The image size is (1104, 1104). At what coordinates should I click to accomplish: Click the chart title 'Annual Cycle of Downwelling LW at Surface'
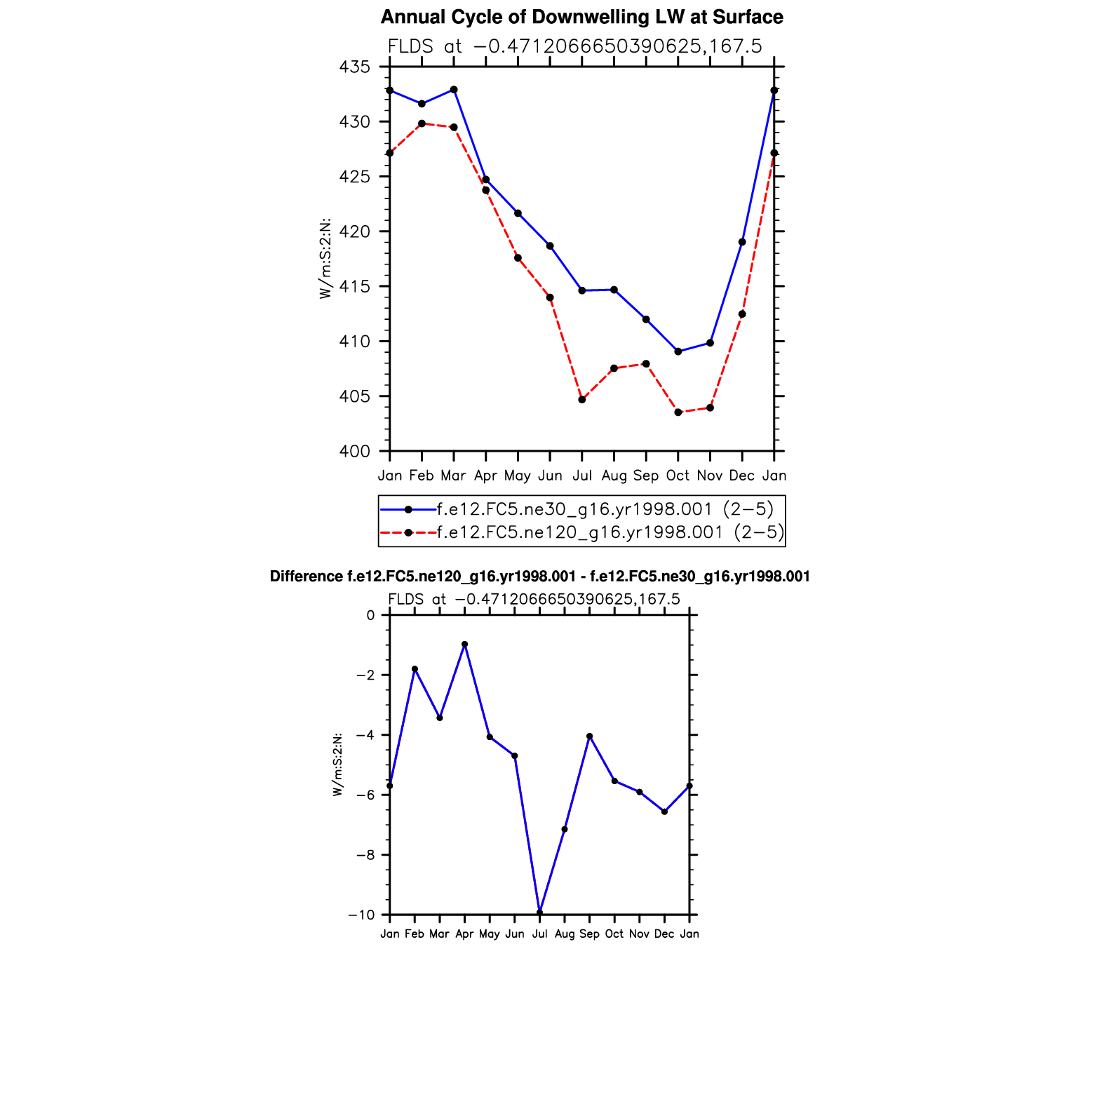click(x=581, y=17)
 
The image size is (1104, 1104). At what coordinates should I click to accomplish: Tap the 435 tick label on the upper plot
click(x=354, y=67)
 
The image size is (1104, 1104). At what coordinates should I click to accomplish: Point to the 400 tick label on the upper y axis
click(x=354, y=452)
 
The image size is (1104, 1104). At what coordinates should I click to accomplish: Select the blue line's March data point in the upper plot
click(x=454, y=90)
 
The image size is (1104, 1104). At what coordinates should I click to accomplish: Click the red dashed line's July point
click(x=582, y=400)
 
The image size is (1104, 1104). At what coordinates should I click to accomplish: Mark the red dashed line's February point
click(x=422, y=123)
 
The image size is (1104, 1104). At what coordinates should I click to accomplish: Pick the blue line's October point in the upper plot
click(x=678, y=351)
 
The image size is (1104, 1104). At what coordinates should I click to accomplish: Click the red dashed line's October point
click(x=678, y=412)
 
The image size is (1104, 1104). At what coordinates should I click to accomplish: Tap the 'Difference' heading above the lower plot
click(x=539, y=577)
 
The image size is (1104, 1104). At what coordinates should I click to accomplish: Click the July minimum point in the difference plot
click(x=539, y=913)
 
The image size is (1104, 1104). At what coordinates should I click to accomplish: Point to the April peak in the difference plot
click(x=464, y=644)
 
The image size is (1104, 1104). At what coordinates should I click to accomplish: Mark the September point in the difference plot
click(x=589, y=736)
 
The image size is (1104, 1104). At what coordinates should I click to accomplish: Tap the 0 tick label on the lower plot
click(x=370, y=616)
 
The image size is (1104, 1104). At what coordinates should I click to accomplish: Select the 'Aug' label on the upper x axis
click(x=614, y=476)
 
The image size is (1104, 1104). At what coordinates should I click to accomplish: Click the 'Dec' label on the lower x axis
click(x=664, y=934)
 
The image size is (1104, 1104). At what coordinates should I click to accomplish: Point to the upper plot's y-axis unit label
click(x=325, y=259)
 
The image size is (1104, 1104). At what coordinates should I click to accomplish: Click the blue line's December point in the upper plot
click(x=742, y=242)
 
